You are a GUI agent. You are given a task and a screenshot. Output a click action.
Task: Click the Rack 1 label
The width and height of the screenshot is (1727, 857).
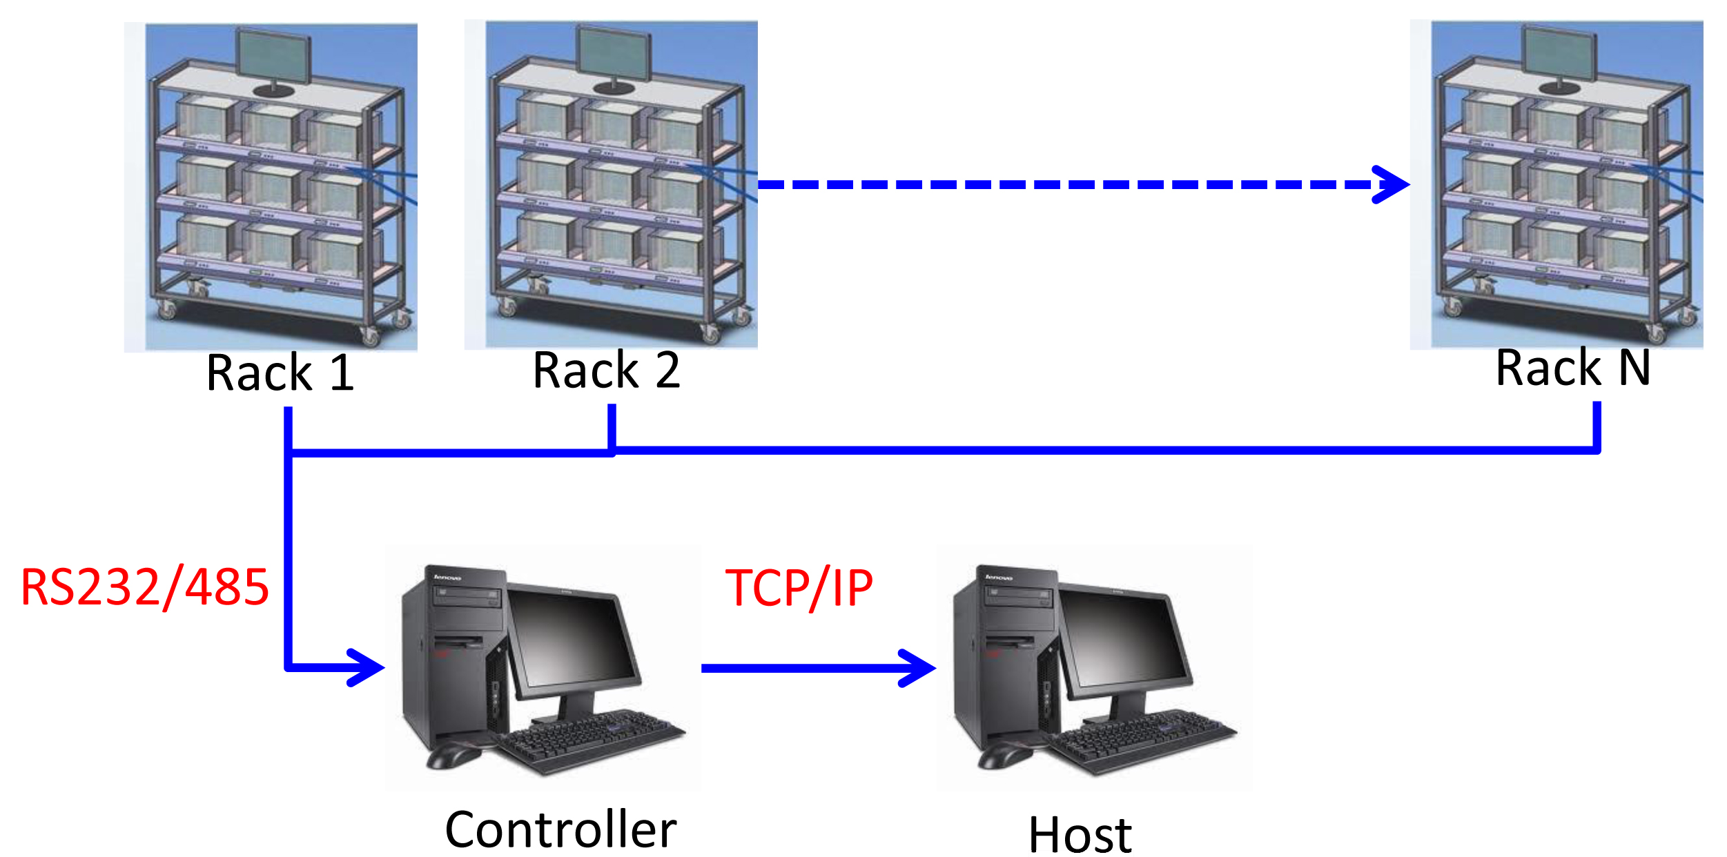(x=280, y=373)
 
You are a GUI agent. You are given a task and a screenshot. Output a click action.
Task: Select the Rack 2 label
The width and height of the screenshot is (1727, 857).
(x=607, y=371)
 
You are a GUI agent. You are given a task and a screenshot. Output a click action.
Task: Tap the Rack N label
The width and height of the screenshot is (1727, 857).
(x=1572, y=368)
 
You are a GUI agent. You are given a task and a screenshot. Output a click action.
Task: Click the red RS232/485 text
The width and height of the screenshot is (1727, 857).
(x=145, y=588)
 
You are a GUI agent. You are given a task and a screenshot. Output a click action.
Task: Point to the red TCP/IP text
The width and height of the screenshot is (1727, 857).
(x=799, y=589)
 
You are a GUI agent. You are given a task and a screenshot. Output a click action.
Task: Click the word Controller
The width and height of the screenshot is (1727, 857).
(x=560, y=829)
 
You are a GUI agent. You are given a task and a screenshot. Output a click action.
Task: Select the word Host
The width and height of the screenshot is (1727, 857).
(x=1080, y=835)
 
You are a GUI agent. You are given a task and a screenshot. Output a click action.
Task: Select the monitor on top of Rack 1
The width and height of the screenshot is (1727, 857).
(x=274, y=56)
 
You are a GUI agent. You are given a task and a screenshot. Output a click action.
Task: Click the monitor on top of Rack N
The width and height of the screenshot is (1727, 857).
(x=1560, y=53)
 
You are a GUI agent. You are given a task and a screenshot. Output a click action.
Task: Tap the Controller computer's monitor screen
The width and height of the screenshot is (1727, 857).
(x=574, y=638)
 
